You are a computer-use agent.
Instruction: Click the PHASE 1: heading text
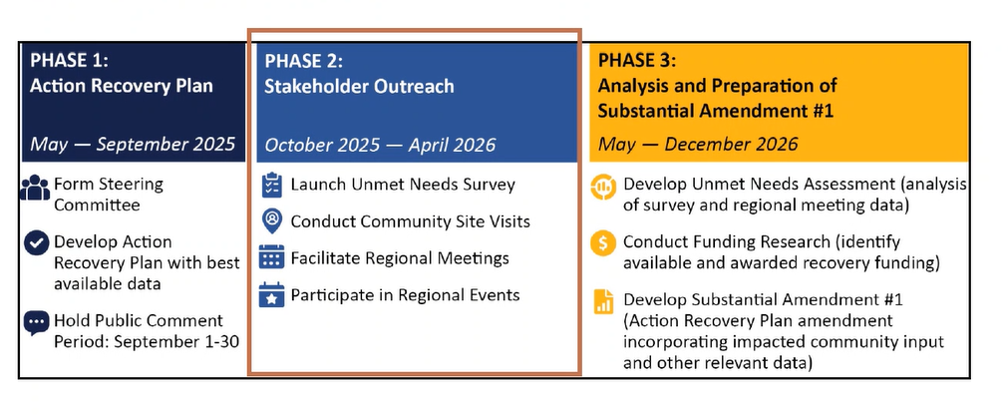70,61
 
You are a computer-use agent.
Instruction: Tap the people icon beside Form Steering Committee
35,189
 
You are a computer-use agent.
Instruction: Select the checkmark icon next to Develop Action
36,244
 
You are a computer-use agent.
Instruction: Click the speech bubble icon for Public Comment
36,323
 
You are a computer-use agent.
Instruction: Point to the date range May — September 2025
133,144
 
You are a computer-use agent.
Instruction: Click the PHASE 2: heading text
304,61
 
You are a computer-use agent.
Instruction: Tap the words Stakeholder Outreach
359,86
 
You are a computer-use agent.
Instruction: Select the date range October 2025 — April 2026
380,144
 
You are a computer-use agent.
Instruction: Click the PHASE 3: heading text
638,61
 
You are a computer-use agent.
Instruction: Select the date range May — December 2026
698,144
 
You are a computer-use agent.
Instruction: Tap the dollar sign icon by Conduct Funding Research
603,244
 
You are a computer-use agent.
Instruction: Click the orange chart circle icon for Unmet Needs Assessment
603,188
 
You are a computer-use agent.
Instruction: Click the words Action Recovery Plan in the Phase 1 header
122,86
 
